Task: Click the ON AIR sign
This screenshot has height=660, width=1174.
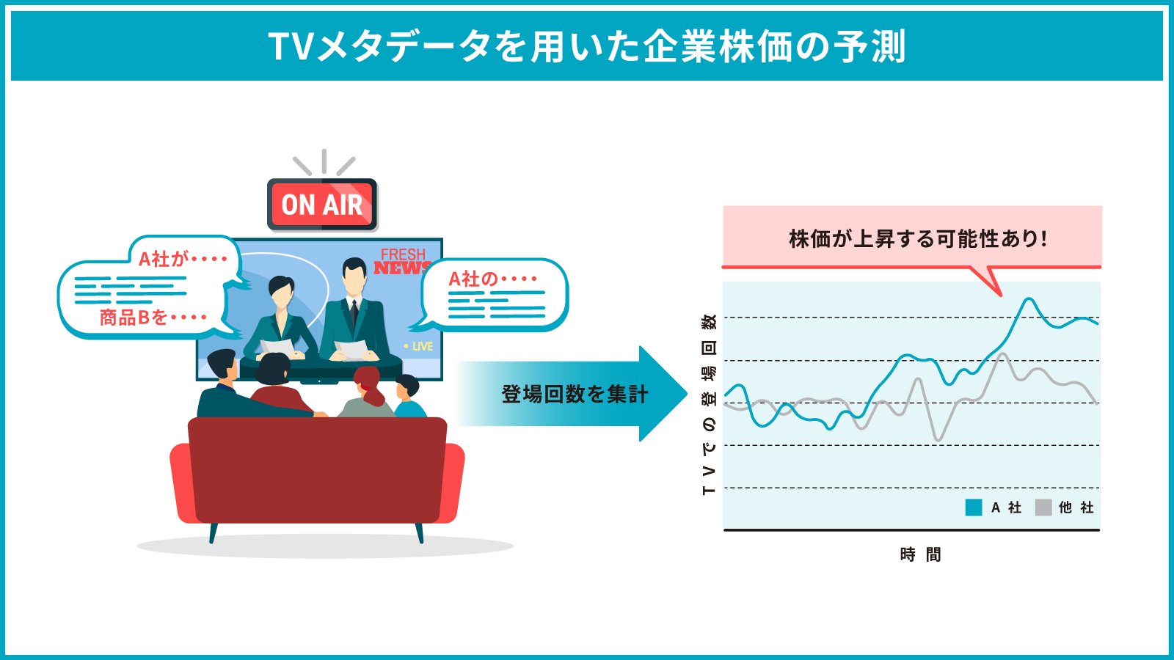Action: (x=322, y=205)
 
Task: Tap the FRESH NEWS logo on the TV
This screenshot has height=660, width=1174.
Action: (x=403, y=261)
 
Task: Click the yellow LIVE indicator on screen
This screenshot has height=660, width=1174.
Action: (x=418, y=346)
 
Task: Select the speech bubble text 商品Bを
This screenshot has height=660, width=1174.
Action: (x=133, y=318)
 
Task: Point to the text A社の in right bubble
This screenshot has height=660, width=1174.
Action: (x=473, y=279)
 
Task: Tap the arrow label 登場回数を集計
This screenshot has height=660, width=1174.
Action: (x=575, y=394)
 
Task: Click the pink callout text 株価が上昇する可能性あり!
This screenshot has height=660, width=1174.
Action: (x=918, y=239)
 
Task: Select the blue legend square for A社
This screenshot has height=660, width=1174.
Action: (x=973, y=507)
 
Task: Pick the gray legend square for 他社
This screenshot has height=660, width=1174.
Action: (x=1043, y=507)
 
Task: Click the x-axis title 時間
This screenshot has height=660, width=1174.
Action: (x=920, y=554)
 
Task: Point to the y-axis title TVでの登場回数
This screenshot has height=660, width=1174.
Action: (x=708, y=404)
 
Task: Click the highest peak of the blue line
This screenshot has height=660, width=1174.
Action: (x=1029, y=299)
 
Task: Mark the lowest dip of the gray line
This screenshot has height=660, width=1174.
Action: (x=938, y=439)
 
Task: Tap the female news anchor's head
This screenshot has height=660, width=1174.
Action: (x=282, y=293)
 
